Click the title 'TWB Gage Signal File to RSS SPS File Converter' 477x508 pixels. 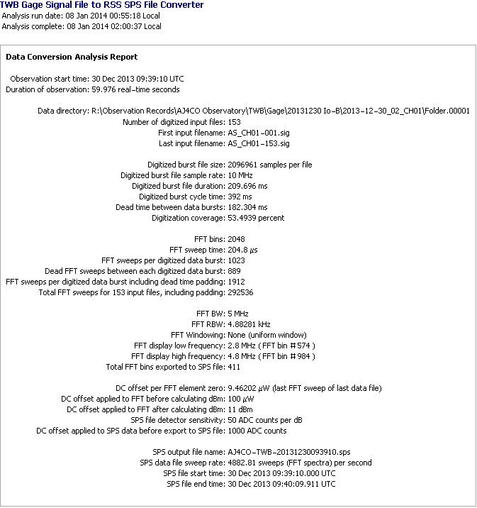102,5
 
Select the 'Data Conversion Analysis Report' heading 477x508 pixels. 72,57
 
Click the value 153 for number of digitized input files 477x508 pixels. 234,122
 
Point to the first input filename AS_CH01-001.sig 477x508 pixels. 259,133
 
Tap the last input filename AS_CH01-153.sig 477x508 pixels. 259,143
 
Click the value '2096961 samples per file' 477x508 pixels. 269,165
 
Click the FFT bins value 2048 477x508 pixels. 236,239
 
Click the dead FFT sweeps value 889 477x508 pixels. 234,271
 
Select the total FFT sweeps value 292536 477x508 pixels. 240,292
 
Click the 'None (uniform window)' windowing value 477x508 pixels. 266,335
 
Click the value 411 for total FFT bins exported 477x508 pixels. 234,367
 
